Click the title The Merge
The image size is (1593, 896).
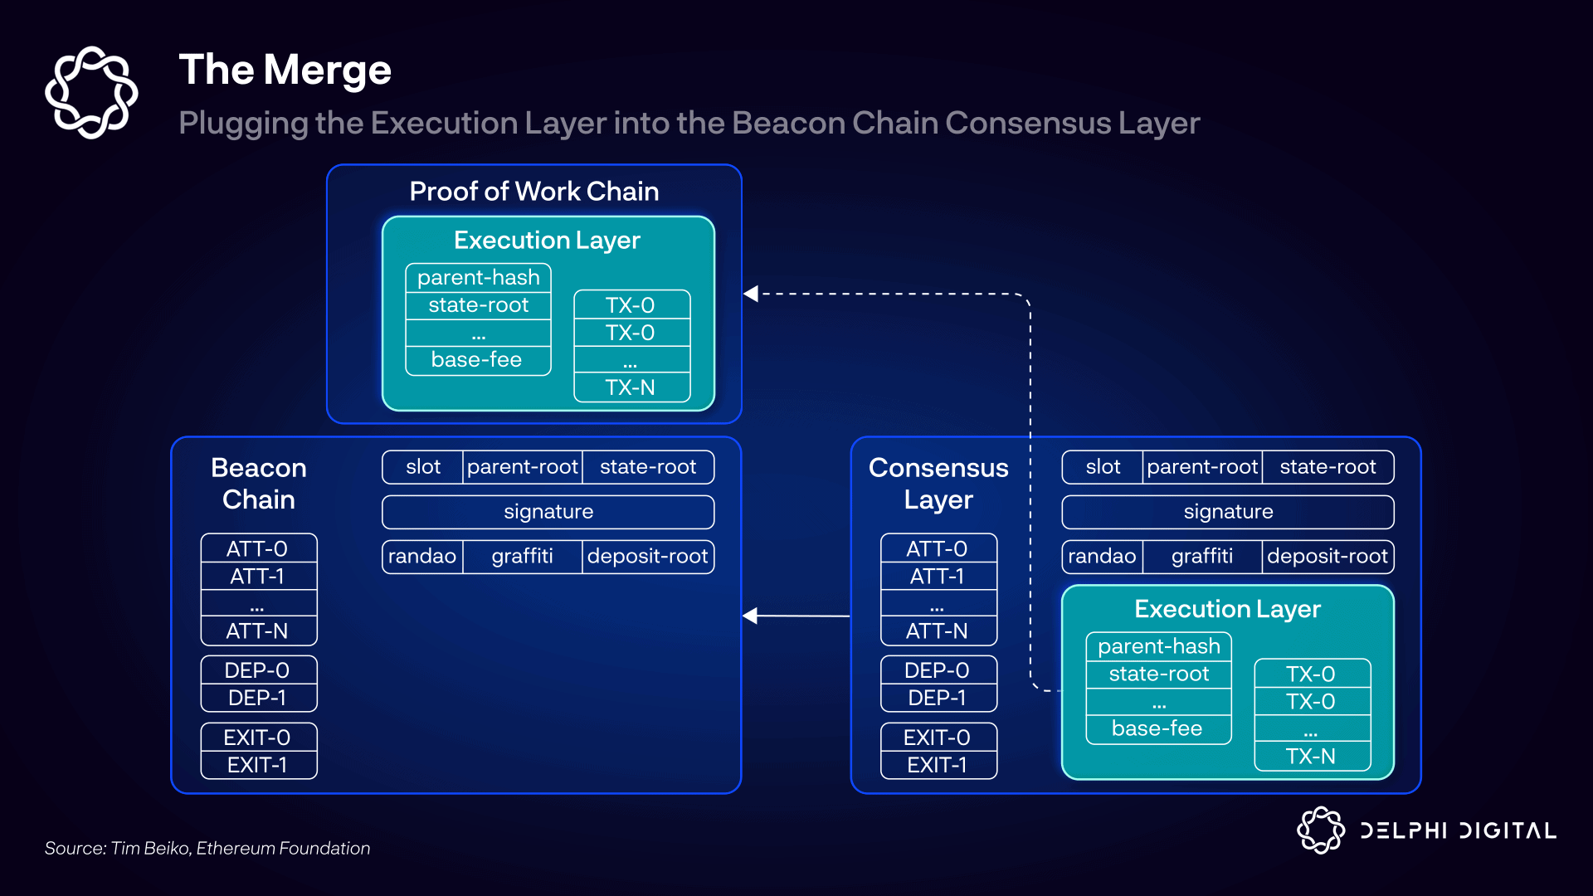click(x=285, y=70)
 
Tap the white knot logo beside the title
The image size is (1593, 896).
click(x=91, y=92)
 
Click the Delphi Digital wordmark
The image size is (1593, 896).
click(x=1457, y=830)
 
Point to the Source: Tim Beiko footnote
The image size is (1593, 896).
click(x=207, y=848)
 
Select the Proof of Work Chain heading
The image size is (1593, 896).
click(x=533, y=192)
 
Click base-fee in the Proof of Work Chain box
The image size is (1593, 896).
click(x=477, y=359)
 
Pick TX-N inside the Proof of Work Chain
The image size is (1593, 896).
click(x=631, y=387)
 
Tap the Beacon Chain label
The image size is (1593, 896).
click(x=259, y=484)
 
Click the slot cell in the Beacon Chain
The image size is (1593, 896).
click(x=423, y=467)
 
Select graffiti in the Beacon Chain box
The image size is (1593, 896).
click(x=522, y=556)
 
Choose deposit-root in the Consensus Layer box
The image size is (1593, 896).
click(x=1327, y=556)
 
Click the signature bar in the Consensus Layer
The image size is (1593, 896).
click(x=1228, y=512)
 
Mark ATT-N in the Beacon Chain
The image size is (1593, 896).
click(x=258, y=631)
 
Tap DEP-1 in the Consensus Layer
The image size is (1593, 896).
click(x=938, y=698)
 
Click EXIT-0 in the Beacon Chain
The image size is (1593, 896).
click(x=258, y=738)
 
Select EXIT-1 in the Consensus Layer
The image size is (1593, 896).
click(x=938, y=765)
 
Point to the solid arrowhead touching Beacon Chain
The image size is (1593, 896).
click(x=751, y=616)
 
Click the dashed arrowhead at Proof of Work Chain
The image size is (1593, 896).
click(x=752, y=294)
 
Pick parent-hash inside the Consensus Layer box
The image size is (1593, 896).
click(x=1159, y=646)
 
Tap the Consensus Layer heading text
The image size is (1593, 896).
click(x=938, y=484)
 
